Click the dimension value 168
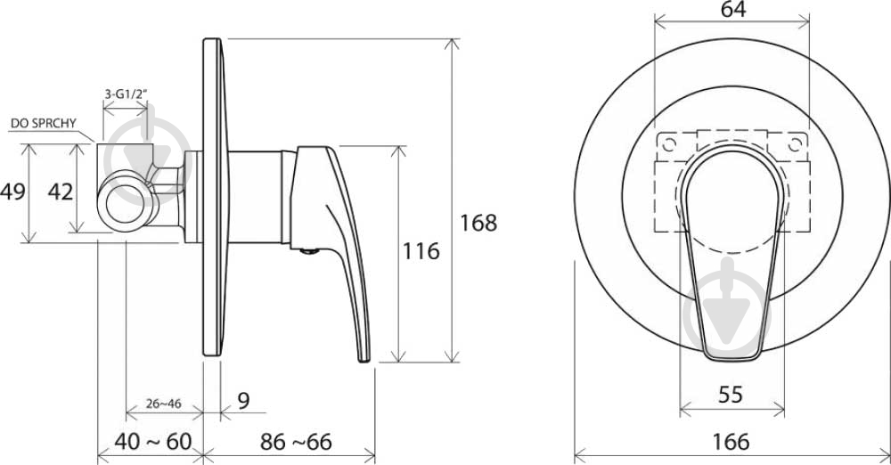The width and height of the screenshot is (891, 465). coord(478,223)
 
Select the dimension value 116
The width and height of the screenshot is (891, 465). coord(421,250)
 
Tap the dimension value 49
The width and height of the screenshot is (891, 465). coord(12,192)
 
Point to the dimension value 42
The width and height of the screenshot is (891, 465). coord(61,192)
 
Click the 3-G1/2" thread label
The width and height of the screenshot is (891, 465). coord(126,94)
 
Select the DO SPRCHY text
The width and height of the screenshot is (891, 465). coord(44,123)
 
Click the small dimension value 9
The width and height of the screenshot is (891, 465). coord(243,401)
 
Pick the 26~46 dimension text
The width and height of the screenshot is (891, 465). coord(164,404)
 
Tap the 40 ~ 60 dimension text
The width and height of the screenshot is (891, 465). coord(153,442)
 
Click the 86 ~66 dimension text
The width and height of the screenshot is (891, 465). coord(296,442)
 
